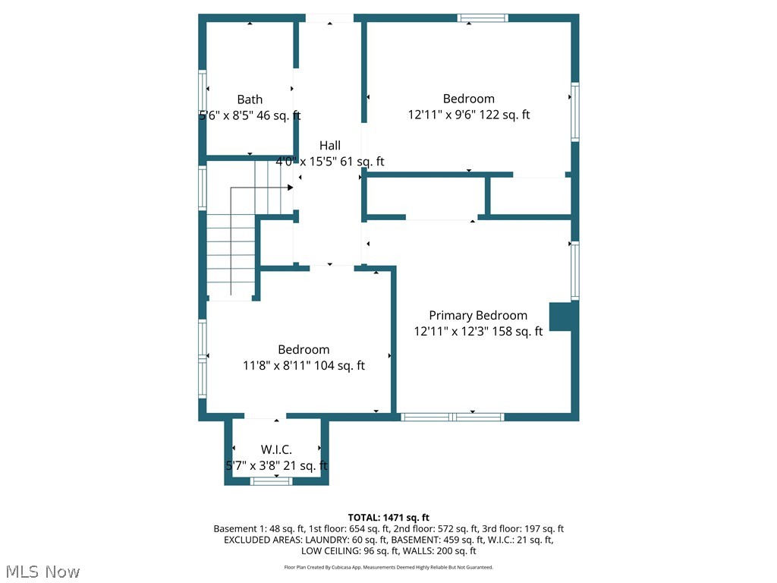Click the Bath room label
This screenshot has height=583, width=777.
tap(250, 99)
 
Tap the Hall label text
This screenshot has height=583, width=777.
tap(329, 145)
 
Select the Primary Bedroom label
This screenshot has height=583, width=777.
tap(478, 315)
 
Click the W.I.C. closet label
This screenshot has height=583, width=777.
tap(276, 450)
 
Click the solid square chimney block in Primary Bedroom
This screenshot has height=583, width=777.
tap(561, 317)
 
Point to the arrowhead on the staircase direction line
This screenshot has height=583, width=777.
tap(290, 188)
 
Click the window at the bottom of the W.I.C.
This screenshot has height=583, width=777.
tap(272, 481)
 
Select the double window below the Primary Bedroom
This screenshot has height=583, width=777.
tap(452, 417)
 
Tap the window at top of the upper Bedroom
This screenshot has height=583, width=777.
tap(483, 17)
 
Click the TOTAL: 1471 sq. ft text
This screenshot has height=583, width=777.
tap(388, 517)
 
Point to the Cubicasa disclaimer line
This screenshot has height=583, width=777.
tap(388, 567)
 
